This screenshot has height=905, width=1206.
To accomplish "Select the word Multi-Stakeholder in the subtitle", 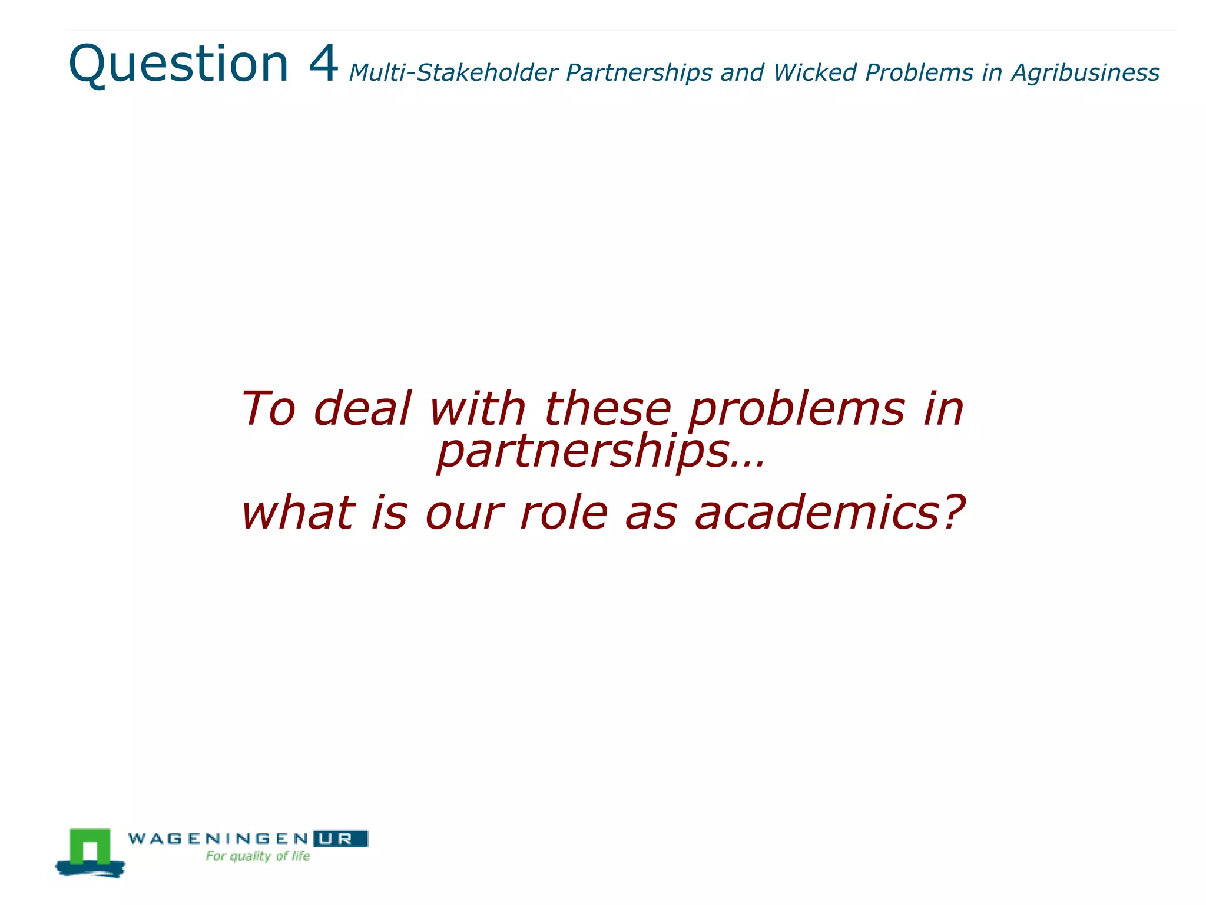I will point(453,73).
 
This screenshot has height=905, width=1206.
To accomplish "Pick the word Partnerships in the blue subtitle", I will point(639,73).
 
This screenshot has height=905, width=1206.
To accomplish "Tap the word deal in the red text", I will point(362,408).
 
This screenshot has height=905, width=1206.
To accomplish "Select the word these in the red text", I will point(607,408).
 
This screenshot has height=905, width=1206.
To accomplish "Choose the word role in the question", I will point(564,512).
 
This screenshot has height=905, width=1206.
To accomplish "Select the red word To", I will point(268,408).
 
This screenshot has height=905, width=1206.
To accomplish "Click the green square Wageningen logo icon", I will point(90,848).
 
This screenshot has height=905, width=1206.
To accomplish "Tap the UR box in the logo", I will point(340,838).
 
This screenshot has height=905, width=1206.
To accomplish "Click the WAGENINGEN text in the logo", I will point(218,838).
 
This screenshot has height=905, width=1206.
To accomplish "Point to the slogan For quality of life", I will point(258,856).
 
